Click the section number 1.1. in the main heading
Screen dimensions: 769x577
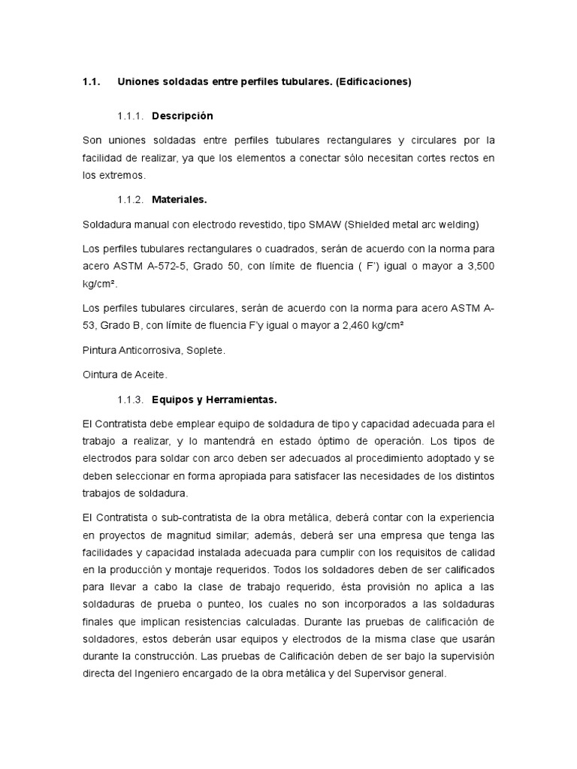(x=91, y=83)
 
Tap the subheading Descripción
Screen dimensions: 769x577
(x=183, y=116)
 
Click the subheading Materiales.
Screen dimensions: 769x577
(x=179, y=200)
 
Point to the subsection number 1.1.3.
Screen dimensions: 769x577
(x=131, y=400)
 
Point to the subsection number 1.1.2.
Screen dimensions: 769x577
(x=131, y=200)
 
